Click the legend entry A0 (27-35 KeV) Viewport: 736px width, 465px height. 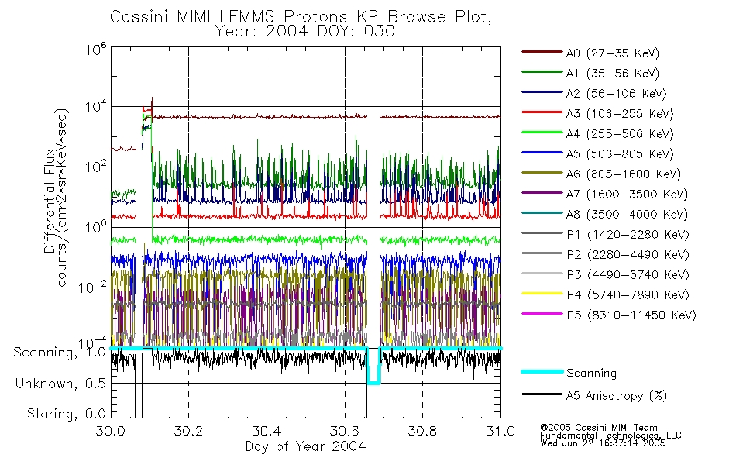(x=612, y=53)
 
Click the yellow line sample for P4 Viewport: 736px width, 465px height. (x=541, y=294)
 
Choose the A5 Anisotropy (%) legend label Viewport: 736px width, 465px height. (x=616, y=396)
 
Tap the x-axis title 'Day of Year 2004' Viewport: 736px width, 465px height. (x=305, y=446)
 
